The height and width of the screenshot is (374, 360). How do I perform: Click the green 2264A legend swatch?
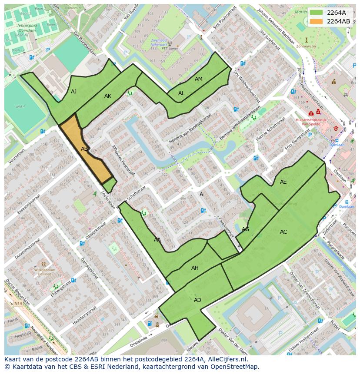[x=317, y=13]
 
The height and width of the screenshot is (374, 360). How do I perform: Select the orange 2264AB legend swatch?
[x=317, y=21]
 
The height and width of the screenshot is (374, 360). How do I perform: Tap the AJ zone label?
[x=74, y=92]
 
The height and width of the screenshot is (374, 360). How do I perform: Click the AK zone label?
[x=108, y=96]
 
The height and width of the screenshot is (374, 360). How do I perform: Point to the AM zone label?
[x=198, y=79]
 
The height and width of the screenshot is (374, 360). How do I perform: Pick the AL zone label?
[x=181, y=93]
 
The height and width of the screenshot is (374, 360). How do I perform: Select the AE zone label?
[x=283, y=182]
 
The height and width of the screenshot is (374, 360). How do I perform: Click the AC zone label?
[x=283, y=232]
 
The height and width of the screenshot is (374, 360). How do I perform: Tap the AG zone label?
[x=245, y=229]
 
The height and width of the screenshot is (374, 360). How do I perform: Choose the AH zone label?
[x=195, y=268]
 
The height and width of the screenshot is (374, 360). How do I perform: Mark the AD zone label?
[x=197, y=300]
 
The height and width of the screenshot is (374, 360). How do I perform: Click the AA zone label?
[x=157, y=240]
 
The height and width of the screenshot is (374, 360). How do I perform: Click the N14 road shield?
[x=17, y=303]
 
